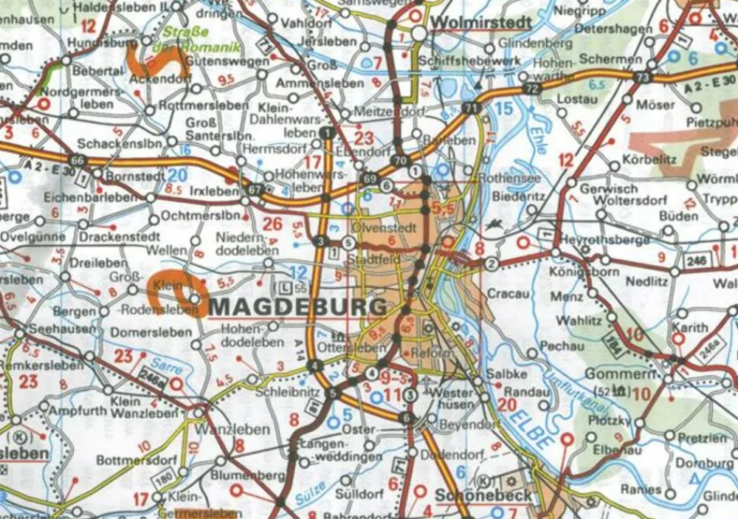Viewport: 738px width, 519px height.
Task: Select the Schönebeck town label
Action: pos(483,495)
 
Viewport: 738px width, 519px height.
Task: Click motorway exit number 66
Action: pos(77,159)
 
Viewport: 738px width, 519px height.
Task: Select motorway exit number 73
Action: pos(644,78)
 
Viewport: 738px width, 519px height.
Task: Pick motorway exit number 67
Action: pos(255,189)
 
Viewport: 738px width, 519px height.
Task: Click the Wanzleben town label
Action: pos(226,430)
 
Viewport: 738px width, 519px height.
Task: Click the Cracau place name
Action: pos(509,294)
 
